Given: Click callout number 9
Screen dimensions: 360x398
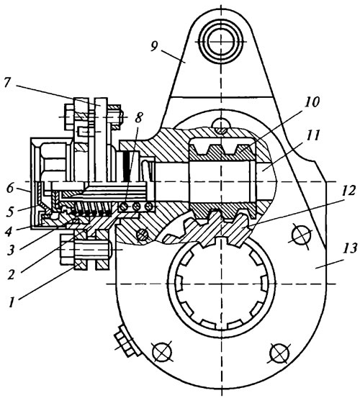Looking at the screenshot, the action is (154, 46).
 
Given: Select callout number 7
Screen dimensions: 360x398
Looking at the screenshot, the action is (9, 83).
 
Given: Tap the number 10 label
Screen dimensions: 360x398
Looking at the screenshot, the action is (312, 102).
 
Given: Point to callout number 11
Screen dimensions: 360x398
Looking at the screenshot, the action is (312, 135).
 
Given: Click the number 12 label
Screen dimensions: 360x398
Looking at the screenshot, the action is (347, 191).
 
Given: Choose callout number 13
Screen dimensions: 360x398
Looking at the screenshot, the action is (350, 248).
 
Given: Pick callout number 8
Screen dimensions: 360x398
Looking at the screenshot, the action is (139, 117).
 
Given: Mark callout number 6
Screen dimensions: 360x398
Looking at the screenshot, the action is (9, 188).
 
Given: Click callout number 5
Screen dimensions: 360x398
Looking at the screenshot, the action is (9, 211).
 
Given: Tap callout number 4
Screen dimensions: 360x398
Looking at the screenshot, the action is (9, 231).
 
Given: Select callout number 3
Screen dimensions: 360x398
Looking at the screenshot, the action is (10, 250).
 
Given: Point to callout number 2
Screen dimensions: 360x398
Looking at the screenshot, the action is (10, 275).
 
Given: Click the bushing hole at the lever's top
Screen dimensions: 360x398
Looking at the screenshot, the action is (221, 41).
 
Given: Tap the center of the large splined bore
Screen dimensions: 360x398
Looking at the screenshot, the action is (221, 284).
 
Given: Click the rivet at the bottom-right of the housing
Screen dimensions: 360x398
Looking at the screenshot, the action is (279, 353).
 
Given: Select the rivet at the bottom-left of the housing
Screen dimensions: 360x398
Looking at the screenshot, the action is (161, 352).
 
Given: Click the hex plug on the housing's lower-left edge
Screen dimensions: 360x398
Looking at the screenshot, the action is (127, 340).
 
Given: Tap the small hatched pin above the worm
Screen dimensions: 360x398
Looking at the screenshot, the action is (221, 126).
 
